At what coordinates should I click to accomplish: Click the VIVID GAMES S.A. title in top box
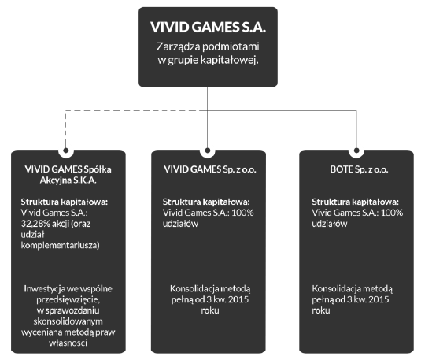[208, 28]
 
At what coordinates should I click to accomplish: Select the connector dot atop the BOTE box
[356, 150]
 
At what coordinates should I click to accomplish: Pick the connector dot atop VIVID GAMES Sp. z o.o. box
[207, 150]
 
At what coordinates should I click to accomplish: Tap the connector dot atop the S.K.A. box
[66, 150]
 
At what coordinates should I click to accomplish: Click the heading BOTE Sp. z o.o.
[359, 169]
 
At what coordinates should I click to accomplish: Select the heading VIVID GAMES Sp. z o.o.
[210, 169]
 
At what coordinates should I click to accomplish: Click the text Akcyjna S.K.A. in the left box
[68, 180]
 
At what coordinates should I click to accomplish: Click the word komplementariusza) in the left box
[60, 245]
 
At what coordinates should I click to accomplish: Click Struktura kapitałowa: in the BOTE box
[355, 202]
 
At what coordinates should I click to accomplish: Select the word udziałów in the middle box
[180, 224]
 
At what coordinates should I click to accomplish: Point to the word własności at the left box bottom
[68, 343]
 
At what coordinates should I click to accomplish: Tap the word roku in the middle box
[210, 310]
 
